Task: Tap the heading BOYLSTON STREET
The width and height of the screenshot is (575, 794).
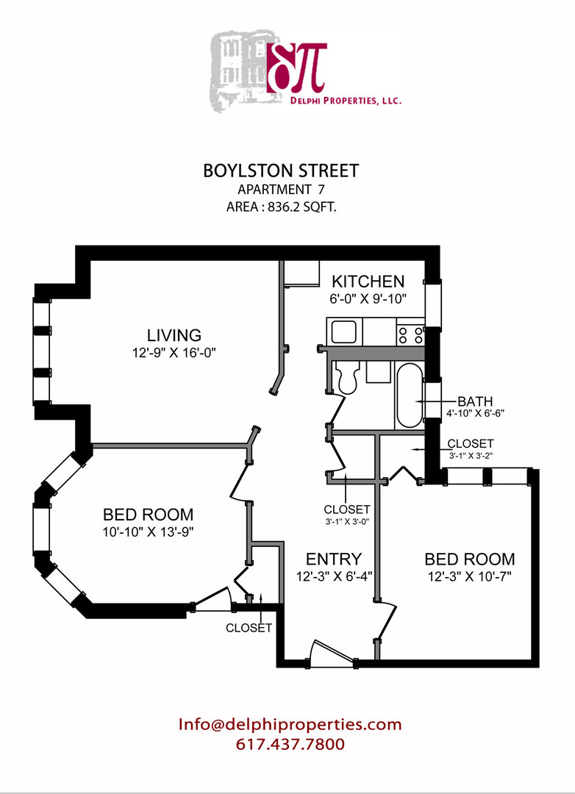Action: [281, 171]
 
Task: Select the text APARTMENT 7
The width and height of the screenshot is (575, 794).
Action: [281, 190]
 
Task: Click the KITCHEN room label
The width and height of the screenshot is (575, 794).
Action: [368, 281]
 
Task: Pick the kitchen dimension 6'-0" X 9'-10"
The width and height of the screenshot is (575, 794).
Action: [368, 298]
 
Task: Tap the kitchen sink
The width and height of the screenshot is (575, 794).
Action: [344, 333]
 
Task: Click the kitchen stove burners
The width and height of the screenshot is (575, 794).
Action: [411, 335]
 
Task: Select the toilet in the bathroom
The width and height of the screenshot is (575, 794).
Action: [348, 377]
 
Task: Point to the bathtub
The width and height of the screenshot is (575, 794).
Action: [410, 395]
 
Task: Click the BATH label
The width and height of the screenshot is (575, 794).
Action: [475, 401]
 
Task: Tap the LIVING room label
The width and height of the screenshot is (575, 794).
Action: [174, 335]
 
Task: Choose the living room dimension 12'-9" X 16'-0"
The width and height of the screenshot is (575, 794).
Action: [174, 352]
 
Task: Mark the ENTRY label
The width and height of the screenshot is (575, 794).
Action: [334, 559]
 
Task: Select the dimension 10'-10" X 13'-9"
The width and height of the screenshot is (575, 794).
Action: [149, 532]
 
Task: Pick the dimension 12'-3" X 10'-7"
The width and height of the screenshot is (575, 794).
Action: [470, 576]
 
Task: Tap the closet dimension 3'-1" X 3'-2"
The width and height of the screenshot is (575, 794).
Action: [471, 456]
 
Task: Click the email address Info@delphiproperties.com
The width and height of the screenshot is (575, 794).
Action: [290, 724]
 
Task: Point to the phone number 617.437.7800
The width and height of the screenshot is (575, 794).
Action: [290, 744]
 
